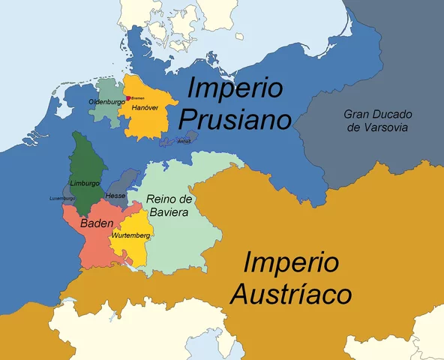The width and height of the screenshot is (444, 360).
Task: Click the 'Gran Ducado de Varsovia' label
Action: point(379,121)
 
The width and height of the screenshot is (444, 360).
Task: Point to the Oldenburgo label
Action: point(106,101)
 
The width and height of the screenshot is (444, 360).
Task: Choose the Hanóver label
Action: point(144,108)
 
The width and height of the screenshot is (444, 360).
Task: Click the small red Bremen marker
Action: point(128,98)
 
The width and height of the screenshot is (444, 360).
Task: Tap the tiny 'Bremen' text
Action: point(138,98)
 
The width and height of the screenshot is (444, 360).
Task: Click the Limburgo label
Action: point(84,183)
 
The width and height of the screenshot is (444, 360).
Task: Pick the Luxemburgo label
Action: point(62,198)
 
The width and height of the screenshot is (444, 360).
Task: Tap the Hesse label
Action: point(115,195)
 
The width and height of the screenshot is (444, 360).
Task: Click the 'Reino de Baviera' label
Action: point(170,205)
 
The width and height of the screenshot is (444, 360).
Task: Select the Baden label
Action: point(97,223)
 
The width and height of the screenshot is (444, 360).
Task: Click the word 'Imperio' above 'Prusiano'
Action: point(235,88)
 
